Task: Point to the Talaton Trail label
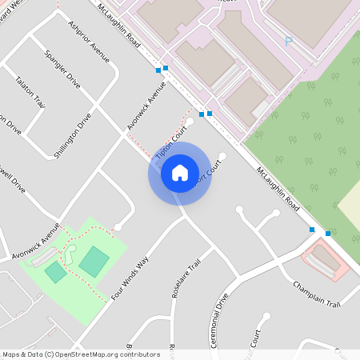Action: (x=30, y=93)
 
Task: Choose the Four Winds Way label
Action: (x=131, y=277)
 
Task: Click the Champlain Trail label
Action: (x=317, y=294)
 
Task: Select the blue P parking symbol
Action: (x=288, y=41)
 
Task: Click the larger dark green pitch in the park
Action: (x=94, y=262)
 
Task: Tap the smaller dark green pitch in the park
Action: (x=55, y=272)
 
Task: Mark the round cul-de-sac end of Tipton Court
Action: (x=190, y=122)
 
